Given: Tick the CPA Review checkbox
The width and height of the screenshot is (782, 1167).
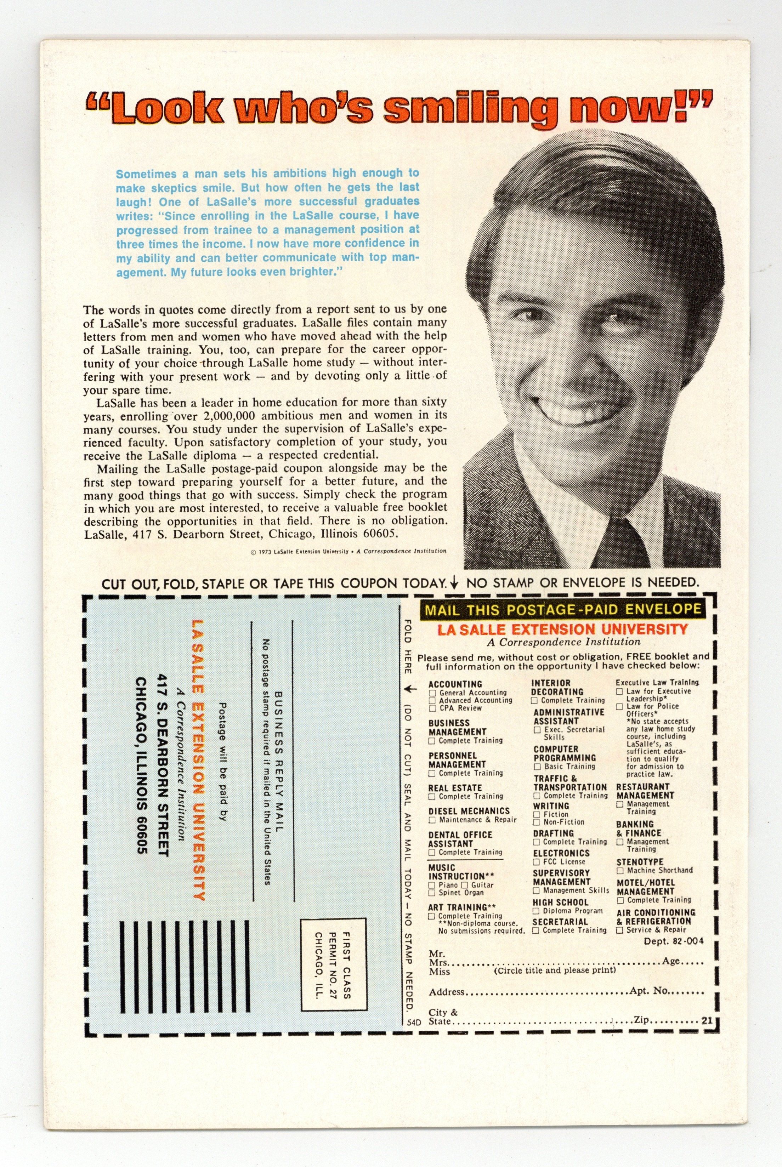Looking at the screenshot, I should click(x=432, y=708).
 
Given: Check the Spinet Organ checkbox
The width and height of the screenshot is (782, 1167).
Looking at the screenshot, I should click(x=432, y=893).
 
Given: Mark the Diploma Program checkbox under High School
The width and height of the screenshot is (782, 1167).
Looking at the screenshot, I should click(x=537, y=911).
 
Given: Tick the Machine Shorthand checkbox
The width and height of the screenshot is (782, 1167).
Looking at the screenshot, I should click(x=620, y=870).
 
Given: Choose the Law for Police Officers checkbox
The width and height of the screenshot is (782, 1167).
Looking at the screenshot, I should click(x=619, y=706).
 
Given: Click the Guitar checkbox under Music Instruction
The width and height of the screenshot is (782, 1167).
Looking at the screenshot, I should click(x=465, y=885).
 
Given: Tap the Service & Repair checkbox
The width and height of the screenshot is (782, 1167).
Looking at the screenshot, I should click(x=620, y=930).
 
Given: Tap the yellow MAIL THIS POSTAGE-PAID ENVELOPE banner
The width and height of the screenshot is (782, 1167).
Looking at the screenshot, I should click(x=562, y=609).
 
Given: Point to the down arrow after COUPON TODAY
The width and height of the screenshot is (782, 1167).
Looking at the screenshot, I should click(x=454, y=583).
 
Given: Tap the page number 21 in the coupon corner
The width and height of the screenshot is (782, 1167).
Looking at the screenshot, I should click(x=706, y=1020).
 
